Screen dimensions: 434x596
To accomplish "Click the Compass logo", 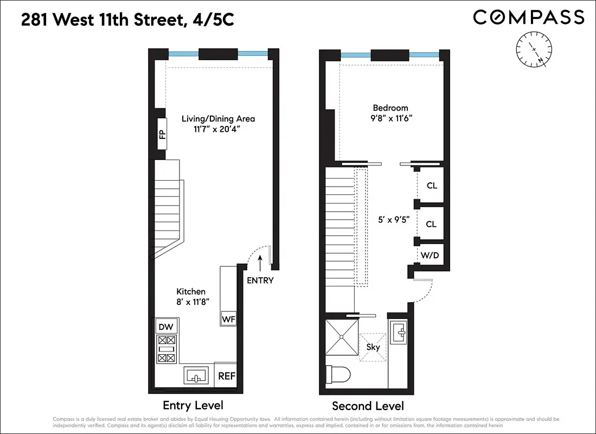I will coord(528,17).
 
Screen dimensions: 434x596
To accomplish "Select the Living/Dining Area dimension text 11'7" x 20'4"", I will coord(217,129).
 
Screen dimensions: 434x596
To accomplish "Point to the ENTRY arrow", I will coord(260,264).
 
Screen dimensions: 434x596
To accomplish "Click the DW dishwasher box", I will coord(166,327).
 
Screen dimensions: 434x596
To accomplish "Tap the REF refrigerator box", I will coord(226,375).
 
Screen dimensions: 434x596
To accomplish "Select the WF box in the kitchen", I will coord(228,319).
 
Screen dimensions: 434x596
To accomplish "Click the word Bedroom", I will coord(390,107).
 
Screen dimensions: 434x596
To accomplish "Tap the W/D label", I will coord(430,255).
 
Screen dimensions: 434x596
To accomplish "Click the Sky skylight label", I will coord(373,347).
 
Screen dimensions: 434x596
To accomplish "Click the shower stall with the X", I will coord(342,337).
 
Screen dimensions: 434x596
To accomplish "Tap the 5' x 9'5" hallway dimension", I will coord(394,220).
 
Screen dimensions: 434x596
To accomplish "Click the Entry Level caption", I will coord(193,405).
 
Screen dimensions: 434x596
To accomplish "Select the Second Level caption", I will coord(368,406).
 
